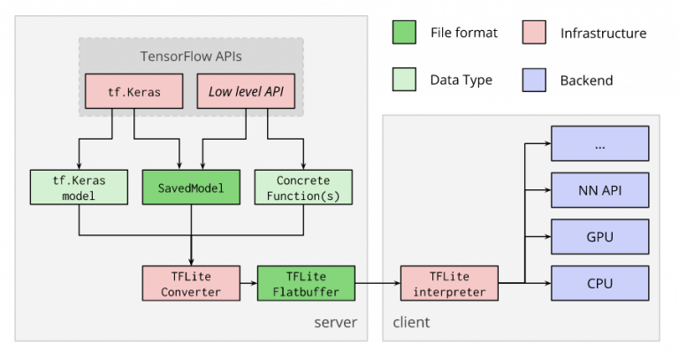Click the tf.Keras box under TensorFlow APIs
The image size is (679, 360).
click(x=134, y=91)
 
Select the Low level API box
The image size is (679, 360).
click(x=246, y=91)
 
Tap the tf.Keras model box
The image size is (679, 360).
click(x=79, y=188)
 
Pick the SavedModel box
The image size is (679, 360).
click(x=191, y=188)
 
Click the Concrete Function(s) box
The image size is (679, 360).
click(x=303, y=188)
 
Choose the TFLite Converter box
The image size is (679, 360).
click(x=191, y=283)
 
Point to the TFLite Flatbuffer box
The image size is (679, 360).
click(x=306, y=283)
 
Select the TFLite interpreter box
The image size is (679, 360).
click(x=449, y=283)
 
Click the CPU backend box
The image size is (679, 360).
click(x=599, y=283)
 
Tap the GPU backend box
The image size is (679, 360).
click(x=599, y=236)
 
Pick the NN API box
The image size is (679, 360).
click(x=599, y=190)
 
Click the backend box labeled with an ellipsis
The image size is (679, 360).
click(x=599, y=143)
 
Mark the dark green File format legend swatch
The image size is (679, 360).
click(x=404, y=32)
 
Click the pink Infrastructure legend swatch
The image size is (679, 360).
click(x=534, y=32)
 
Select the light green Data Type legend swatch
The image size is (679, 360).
click(x=404, y=80)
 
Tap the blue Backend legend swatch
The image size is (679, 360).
click(x=534, y=80)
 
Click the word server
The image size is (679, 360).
click(x=336, y=322)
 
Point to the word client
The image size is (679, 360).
click(x=411, y=322)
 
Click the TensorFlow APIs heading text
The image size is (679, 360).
click(x=191, y=57)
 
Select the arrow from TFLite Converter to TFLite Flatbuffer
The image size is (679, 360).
click(x=248, y=283)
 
